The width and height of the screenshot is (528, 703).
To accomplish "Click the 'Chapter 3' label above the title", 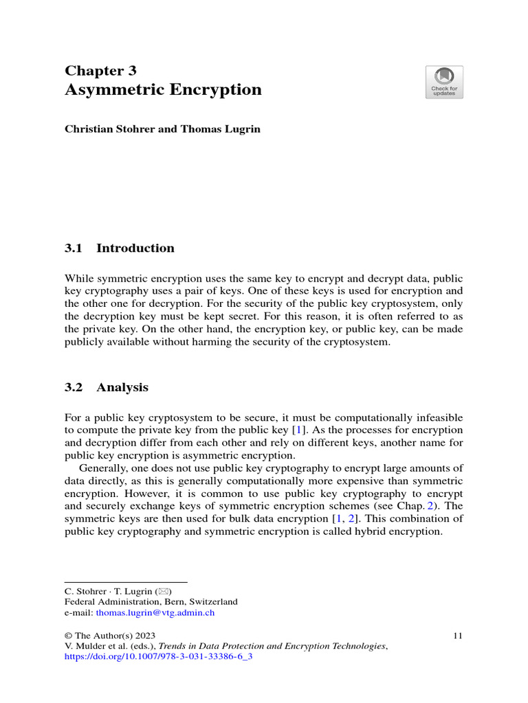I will click(x=100, y=70).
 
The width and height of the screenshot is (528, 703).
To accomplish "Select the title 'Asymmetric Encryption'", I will click(x=163, y=90).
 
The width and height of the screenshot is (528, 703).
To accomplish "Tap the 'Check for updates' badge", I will click(x=444, y=82).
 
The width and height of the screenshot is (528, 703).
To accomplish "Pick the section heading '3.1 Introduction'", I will click(x=120, y=249).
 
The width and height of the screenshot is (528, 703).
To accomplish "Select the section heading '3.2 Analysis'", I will click(x=107, y=387).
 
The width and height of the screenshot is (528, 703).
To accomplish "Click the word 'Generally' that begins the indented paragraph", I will click(x=104, y=468).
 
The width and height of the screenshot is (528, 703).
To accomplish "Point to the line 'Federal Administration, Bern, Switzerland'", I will click(x=151, y=601).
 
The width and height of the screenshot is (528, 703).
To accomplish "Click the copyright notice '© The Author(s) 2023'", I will click(x=110, y=635).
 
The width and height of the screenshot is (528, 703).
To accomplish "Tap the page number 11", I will click(x=458, y=635).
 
